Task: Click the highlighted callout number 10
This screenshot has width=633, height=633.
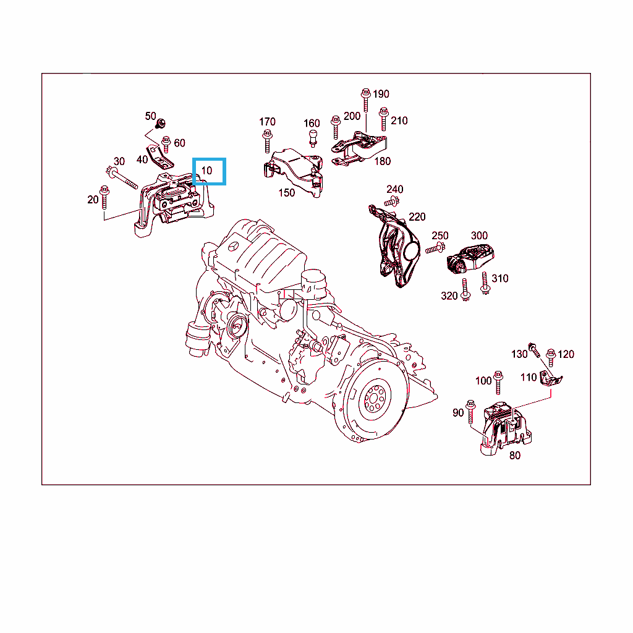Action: (x=206, y=171)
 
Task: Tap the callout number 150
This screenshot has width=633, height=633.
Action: (x=287, y=193)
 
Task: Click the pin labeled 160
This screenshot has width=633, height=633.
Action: (x=313, y=138)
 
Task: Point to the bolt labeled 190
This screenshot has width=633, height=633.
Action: (x=366, y=100)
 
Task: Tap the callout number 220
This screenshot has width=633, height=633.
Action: (x=417, y=217)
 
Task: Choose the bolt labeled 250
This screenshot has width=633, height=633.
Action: (x=435, y=248)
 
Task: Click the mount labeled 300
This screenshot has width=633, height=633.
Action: (x=470, y=259)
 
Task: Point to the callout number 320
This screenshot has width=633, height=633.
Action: (x=449, y=296)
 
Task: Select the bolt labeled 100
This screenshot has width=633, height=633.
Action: (x=498, y=382)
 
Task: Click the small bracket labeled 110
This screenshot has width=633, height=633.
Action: (x=551, y=379)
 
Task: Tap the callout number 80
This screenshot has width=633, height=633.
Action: (x=515, y=456)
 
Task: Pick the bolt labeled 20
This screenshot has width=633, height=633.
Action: (x=104, y=197)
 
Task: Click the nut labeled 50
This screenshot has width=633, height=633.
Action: (x=161, y=123)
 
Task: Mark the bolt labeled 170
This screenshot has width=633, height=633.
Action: (x=267, y=142)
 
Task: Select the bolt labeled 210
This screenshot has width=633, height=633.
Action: (x=384, y=119)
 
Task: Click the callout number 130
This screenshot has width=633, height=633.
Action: (x=519, y=354)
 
